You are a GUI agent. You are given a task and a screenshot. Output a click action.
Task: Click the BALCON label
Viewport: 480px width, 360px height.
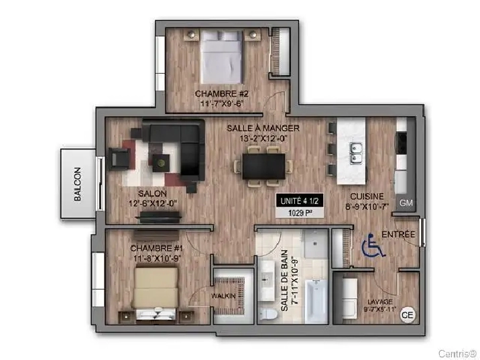(78, 184)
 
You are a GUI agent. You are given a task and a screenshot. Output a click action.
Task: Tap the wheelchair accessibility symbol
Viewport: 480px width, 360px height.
(373, 245)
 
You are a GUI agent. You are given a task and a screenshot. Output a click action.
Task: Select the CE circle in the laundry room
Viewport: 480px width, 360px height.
(408, 314)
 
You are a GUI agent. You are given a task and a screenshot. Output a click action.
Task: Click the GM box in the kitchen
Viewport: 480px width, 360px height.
(406, 202)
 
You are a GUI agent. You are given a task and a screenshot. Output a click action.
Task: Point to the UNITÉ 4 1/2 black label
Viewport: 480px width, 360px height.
(300, 201)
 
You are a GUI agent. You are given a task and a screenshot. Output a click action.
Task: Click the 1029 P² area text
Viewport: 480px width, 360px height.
(300, 213)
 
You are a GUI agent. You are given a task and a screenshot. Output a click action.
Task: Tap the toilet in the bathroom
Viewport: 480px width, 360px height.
(268, 314)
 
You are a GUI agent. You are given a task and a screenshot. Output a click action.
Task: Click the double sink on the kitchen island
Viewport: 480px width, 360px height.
(356, 154)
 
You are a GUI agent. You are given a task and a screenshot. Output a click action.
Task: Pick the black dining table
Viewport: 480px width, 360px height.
(264, 166)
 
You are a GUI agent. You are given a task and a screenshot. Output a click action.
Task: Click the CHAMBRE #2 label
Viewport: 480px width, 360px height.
(222, 93)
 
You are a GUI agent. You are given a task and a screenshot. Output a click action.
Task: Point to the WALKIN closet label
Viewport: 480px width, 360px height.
(223, 296)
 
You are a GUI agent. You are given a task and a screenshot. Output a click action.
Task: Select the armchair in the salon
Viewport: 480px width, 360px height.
(119, 158)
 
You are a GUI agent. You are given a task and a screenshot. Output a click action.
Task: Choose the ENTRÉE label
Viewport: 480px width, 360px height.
(398, 235)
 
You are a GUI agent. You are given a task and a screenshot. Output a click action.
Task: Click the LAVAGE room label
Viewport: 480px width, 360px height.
(380, 302)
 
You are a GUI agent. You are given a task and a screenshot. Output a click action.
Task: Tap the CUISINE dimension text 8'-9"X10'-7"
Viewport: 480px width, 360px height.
(367, 207)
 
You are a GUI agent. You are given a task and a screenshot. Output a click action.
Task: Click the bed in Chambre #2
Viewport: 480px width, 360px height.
(222, 57)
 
